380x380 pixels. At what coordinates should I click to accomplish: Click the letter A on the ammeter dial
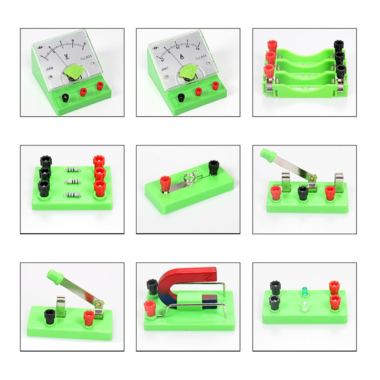pos(182,57)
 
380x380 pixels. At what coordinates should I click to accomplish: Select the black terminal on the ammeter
pos(181,98)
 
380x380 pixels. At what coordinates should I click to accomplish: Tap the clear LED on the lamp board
pos(304,305)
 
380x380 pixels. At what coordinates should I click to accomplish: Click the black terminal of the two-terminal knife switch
pos(49,315)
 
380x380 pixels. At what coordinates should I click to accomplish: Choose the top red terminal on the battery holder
pos(272,46)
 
